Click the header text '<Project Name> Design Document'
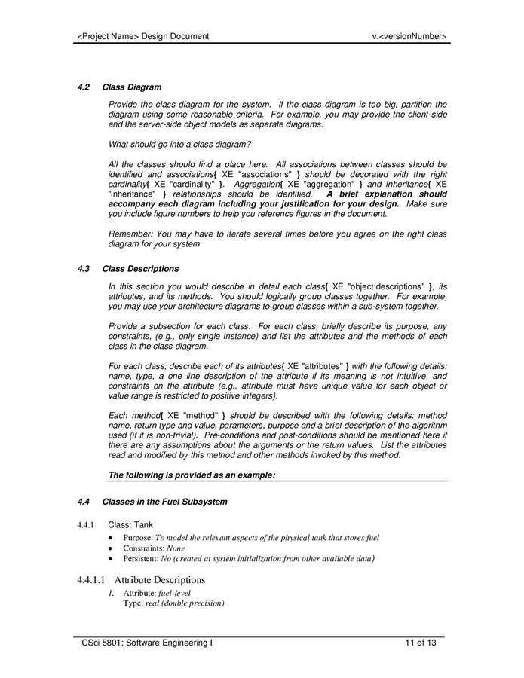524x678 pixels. (x=143, y=36)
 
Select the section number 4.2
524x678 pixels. (x=84, y=87)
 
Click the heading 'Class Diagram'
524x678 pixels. (x=132, y=87)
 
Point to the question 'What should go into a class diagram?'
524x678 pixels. (x=179, y=144)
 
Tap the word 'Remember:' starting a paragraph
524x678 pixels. (x=129, y=234)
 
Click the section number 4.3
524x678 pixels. (x=84, y=269)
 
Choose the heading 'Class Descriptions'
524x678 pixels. (x=140, y=269)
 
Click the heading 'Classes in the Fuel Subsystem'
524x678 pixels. (x=164, y=502)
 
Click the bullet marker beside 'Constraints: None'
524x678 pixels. (x=112, y=548)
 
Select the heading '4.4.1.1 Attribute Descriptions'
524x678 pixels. (x=141, y=580)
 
